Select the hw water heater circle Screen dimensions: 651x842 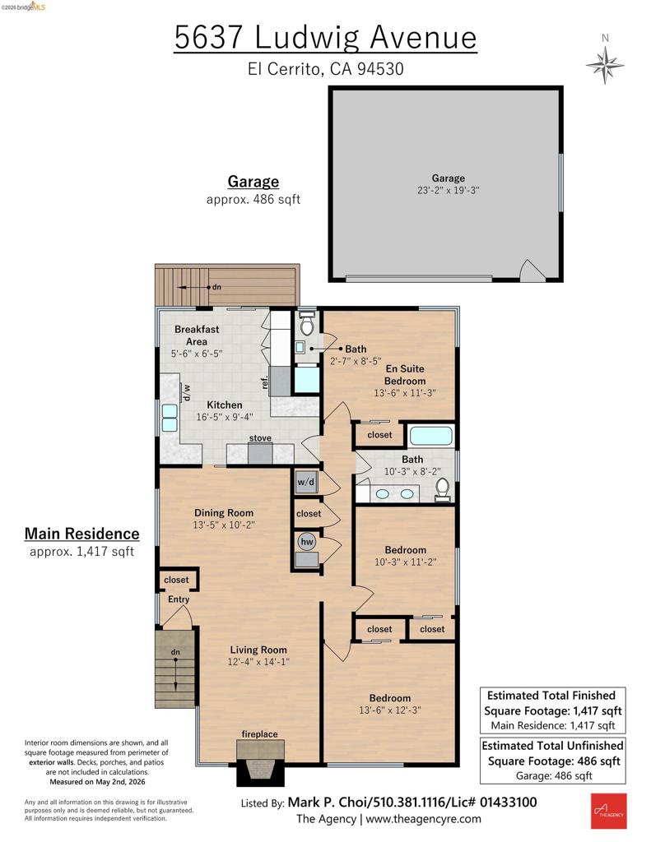(x=307, y=541)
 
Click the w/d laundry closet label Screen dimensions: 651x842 (x=306, y=482)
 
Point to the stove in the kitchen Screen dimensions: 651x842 (x=260, y=454)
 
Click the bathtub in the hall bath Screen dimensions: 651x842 (x=431, y=436)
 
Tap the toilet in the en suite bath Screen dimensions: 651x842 (x=307, y=324)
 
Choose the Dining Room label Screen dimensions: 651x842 (x=224, y=513)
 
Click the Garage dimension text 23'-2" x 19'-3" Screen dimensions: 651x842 (x=449, y=190)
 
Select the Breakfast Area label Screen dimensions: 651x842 (x=197, y=335)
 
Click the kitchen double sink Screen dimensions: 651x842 (x=170, y=418)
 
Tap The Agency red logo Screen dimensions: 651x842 (x=608, y=812)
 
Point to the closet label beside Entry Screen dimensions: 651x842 (x=176, y=580)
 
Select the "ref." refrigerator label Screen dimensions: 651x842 (x=264, y=382)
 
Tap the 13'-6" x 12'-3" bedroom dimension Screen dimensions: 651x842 (x=390, y=710)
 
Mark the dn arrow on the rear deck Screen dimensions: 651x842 (x=193, y=287)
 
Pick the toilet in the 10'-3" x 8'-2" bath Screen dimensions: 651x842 (x=443, y=488)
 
